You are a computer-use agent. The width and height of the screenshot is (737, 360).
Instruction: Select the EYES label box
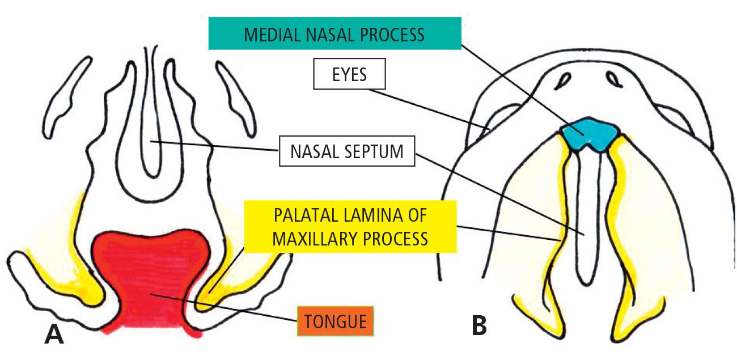pyautogui.click(x=350, y=75)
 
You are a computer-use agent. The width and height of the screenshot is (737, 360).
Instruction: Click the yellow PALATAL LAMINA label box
pyautogui.click(x=350, y=227)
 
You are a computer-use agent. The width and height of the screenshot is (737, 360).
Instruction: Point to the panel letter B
pyautogui.click(x=479, y=325)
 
